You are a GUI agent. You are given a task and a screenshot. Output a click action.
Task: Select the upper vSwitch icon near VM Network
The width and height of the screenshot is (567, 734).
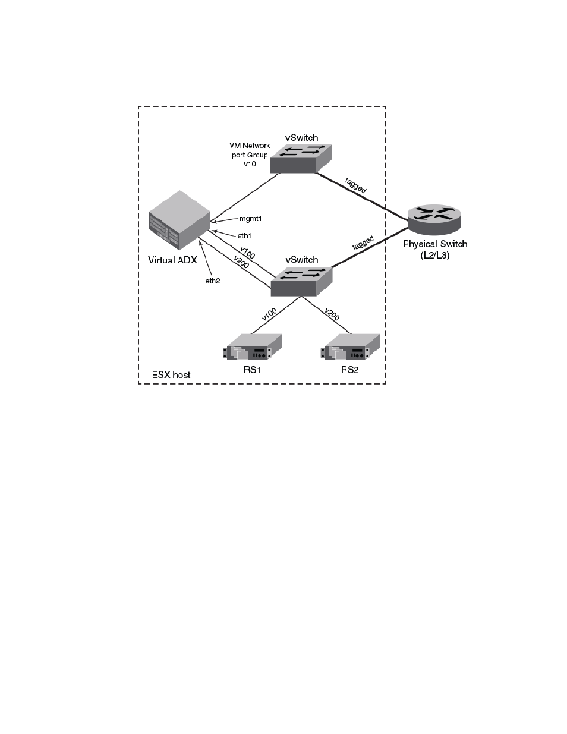[301, 159]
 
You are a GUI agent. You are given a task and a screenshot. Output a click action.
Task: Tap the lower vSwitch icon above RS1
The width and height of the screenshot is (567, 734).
[301, 282]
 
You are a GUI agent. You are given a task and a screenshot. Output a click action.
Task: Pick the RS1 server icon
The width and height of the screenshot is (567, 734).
[252, 347]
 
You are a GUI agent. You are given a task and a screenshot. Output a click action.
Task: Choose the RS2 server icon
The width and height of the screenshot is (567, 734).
[350, 347]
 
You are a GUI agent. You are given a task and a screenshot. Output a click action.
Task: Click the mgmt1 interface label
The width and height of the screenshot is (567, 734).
[251, 219]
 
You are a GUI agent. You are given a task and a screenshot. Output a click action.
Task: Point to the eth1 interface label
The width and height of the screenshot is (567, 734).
[244, 235]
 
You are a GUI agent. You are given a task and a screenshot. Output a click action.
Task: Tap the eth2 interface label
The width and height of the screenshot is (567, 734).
[213, 281]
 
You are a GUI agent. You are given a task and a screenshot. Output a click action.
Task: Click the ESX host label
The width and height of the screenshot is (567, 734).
[171, 375]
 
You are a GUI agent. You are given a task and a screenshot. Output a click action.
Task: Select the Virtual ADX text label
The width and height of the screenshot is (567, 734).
[172, 260]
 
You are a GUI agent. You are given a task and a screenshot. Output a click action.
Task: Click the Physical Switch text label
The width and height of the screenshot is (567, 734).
[435, 244]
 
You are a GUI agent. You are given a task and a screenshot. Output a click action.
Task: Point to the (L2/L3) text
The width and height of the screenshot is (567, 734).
[435, 256]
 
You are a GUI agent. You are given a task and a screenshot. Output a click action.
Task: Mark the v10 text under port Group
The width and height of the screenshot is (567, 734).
[250, 164]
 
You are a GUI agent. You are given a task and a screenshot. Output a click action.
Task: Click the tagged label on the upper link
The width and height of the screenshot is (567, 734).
[355, 185]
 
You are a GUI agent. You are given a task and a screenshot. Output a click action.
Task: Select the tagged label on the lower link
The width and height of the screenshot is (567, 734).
[363, 242]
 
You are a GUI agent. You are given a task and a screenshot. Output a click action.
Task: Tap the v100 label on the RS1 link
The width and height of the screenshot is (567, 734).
[269, 314]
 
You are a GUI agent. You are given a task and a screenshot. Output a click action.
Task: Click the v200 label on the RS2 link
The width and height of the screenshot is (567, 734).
[332, 314]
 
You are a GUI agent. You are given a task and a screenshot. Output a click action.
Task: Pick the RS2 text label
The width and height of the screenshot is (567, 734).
[350, 370]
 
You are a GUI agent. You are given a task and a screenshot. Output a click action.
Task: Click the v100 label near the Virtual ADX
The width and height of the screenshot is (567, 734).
[247, 253]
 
